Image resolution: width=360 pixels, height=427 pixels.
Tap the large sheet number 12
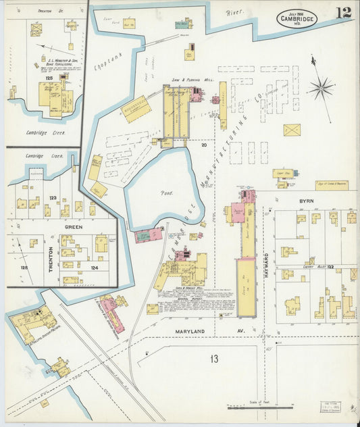pos(341,12)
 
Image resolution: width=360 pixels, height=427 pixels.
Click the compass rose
pos(322,87)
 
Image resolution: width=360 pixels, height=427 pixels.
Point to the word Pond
pos(166,193)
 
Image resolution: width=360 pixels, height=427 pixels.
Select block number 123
pos(53,197)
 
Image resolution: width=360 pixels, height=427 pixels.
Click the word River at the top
pos(234,11)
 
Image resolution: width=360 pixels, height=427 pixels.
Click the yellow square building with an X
pos(291,130)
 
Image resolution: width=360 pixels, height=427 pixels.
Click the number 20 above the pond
pos(203,145)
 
